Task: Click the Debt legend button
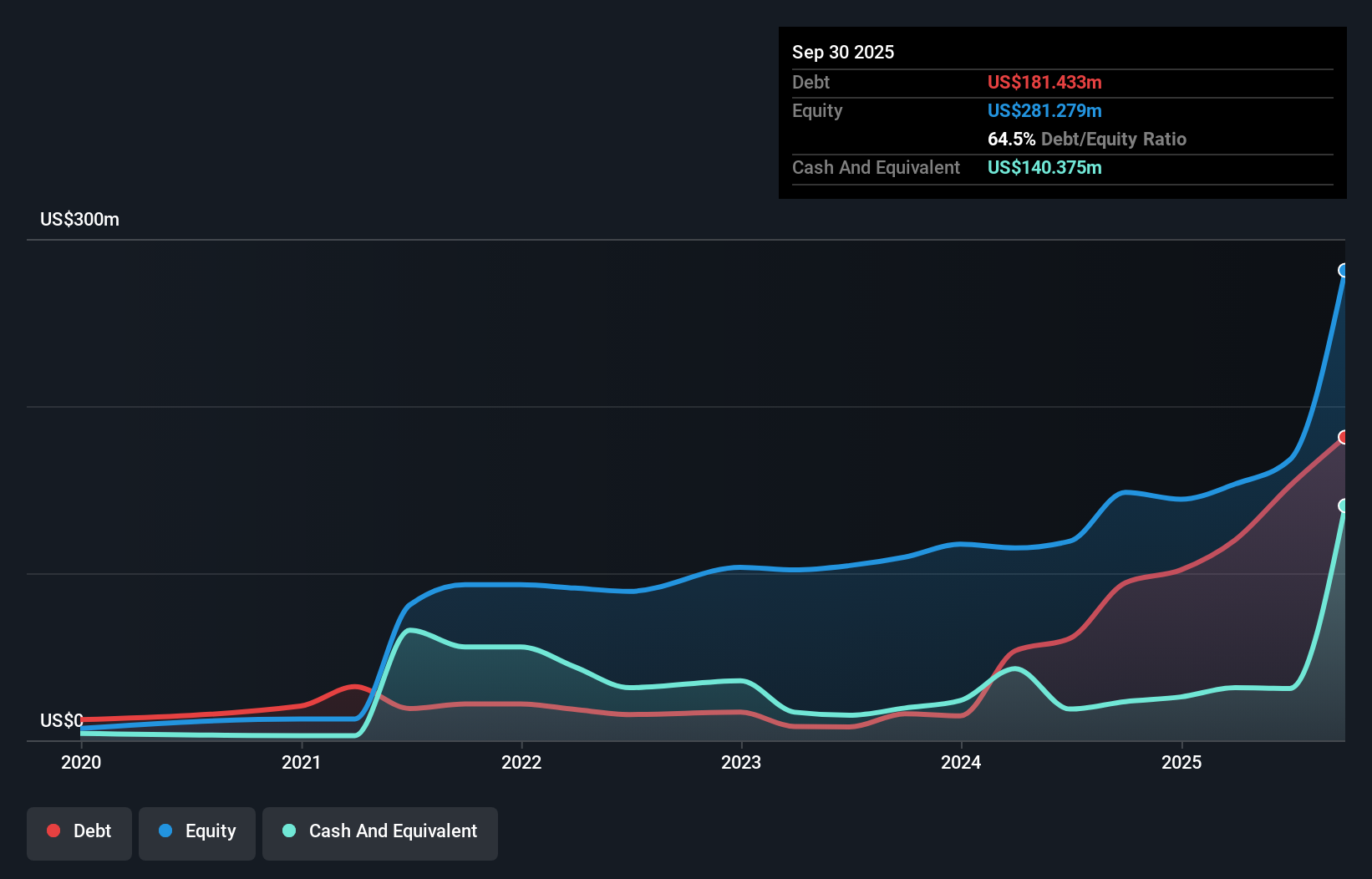point(79,832)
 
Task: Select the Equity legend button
point(197,832)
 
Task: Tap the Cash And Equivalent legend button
point(380,832)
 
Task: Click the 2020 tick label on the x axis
point(81,762)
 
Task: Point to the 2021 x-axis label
point(301,762)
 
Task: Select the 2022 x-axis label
point(521,762)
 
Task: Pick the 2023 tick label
point(741,762)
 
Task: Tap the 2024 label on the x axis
point(961,762)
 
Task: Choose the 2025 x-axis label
point(1181,762)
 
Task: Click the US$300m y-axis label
point(79,220)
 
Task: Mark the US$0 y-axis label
point(62,720)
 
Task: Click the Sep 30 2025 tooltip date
point(842,53)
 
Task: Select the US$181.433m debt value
point(1044,83)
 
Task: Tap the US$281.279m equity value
point(1044,111)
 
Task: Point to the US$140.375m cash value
point(1044,168)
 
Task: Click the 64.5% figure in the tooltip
point(1011,140)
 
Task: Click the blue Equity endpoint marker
point(1344,271)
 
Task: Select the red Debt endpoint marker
point(1344,437)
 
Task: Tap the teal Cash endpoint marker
point(1344,506)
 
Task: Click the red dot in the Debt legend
point(53,831)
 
